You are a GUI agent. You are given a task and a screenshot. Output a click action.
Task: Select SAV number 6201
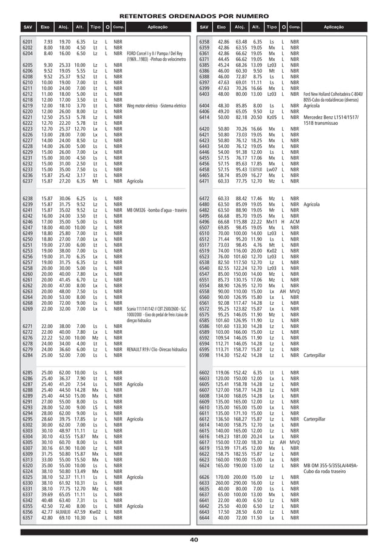27,41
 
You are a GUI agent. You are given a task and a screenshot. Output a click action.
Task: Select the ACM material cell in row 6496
295,222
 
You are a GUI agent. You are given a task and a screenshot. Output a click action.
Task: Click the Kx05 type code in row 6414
272,117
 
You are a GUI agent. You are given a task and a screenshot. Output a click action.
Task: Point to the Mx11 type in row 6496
272,222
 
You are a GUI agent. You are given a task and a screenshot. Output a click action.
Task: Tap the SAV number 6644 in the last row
204,518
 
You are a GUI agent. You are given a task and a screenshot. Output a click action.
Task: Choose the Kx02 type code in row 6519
272,251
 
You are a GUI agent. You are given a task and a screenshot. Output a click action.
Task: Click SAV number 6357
27,518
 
